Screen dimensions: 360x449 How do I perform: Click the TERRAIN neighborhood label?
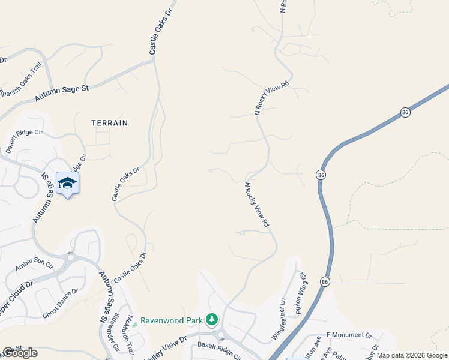point(110,122)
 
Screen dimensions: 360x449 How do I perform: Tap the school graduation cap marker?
point(67,183)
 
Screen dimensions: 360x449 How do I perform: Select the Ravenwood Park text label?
point(172,320)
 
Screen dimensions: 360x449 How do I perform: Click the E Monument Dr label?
point(349,335)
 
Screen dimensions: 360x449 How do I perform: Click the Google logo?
point(20,353)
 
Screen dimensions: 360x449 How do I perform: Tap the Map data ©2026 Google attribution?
point(412,355)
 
